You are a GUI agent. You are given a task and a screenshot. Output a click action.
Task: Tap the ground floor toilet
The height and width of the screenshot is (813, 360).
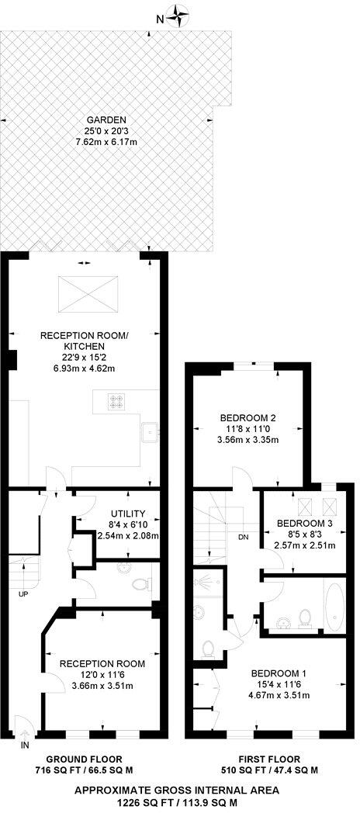pyautogui.click(x=140, y=583)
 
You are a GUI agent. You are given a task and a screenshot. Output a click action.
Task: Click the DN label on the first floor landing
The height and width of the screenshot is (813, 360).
pyautogui.click(x=243, y=536)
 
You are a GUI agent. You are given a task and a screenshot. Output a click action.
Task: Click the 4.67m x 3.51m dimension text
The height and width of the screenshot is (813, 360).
pyautogui.click(x=279, y=695)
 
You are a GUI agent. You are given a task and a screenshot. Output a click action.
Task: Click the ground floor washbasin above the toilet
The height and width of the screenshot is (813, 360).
pyautogui.click(x=124, y=566)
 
